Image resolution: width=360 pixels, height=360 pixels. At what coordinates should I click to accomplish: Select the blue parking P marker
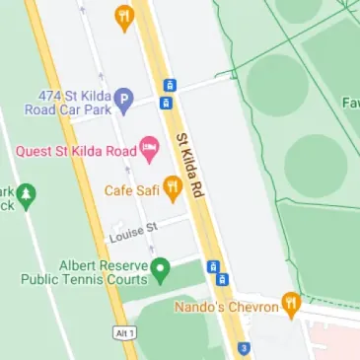pos(123,99)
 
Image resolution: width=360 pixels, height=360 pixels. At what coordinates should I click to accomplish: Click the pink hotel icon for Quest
pos(151,151)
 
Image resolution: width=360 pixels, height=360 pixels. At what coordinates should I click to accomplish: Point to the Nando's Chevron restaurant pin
pos(290,304)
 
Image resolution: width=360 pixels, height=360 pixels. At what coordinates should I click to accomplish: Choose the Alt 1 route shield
pos(119,333)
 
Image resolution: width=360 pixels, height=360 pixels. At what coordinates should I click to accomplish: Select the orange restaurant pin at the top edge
pos(123,15)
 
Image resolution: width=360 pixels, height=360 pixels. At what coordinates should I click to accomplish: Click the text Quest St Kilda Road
pos(77,151)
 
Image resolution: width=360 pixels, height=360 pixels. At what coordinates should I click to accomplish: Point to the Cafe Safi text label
pos(131,188)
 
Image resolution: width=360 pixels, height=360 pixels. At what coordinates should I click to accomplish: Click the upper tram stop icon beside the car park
pos(169,86)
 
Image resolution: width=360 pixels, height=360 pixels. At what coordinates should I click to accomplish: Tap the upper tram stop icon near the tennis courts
pos(212,266)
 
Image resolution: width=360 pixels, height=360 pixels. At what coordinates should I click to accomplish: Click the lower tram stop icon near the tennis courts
pos(223,279)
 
